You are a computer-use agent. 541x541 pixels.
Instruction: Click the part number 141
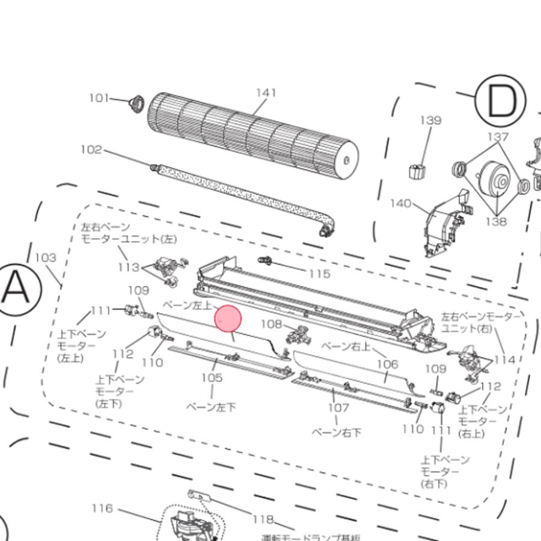(266, 93)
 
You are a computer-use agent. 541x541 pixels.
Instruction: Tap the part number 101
(99, 97)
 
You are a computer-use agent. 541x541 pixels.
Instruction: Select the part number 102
(91, 150)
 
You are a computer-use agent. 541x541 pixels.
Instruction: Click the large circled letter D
(500, 102)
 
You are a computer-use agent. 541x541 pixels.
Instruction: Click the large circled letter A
(16, 289)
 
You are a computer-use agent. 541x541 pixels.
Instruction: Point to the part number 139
(430, 120)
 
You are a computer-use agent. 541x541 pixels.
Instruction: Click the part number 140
(401, 203)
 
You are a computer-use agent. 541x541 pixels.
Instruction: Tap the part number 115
(319, 274)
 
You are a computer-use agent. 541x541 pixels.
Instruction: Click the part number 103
(45, 257)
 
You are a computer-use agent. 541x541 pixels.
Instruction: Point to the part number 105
(212, 377)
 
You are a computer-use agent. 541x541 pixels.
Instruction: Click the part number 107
(338, 408)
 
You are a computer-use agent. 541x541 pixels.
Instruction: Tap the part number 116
(102, 509)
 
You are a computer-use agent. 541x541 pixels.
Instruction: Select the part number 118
(263, 519)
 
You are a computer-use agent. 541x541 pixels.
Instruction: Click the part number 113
(129, 267)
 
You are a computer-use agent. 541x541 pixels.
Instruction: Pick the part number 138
(496, 221)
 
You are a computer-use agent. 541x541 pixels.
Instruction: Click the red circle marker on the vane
(228, 319)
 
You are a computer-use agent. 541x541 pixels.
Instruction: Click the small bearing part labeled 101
(137, 103)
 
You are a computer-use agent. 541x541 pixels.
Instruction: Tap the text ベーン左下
(211, 407)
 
